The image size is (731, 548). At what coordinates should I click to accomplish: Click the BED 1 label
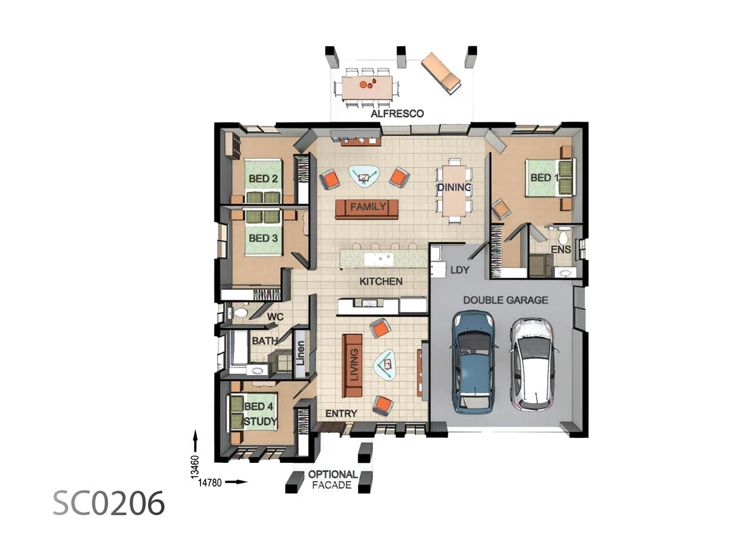tap(544, 178)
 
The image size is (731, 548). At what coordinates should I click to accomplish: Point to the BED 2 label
tap(263, 179)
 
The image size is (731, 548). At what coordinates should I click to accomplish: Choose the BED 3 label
tap(263, 238)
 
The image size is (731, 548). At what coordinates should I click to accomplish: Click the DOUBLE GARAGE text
tap(505, 300)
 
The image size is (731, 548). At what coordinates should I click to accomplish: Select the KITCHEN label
tap(381, 281)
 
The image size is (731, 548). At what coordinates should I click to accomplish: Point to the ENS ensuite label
tap(560, 250)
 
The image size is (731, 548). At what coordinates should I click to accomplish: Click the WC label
tap(276, 317)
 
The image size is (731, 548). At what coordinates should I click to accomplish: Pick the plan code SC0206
tap(108, 504)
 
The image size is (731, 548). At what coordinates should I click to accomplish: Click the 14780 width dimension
tap(210, 482)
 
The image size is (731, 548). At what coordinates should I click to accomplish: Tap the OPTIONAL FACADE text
tap(332, 480)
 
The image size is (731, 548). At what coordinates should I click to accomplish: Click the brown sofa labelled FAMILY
tap(367, 208)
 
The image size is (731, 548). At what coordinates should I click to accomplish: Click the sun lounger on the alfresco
tap(442, 72)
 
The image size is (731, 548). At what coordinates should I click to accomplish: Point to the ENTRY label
tap(341, 413)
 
